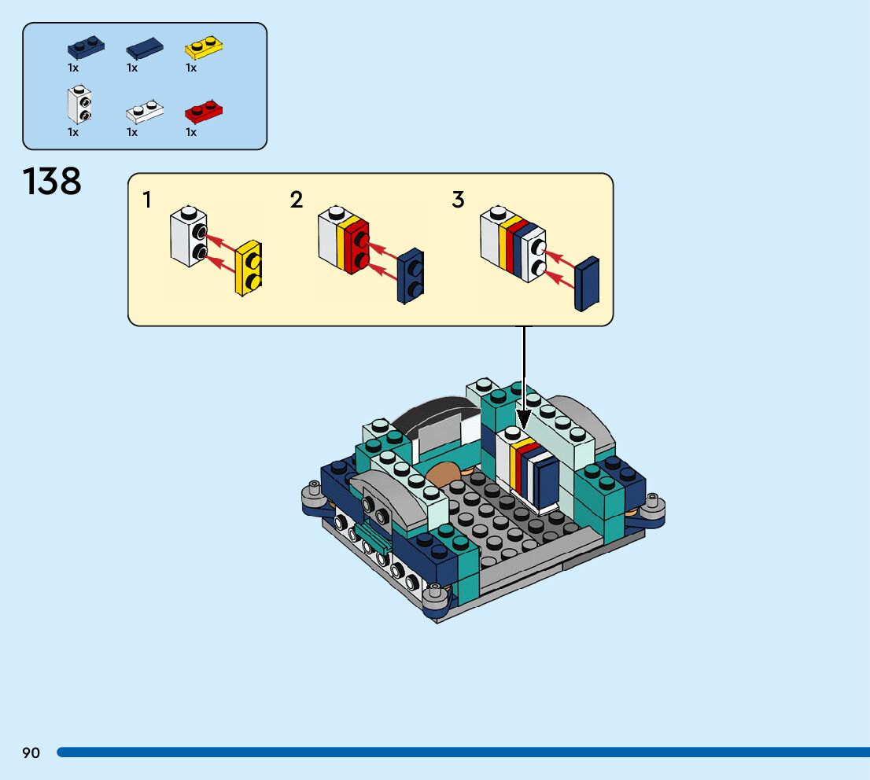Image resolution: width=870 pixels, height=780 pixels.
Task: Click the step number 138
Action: coord(52,182)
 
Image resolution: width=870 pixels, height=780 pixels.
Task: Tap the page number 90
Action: coord(31,753)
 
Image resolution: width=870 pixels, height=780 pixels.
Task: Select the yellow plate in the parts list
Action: coord(203,49)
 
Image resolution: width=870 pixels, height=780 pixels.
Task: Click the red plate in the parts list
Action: coord(204,112)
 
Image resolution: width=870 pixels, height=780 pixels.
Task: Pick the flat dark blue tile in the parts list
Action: coord(145,50)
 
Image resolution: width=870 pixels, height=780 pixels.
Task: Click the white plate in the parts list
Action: coord(145,112)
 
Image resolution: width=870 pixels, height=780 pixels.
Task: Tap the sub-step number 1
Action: coord(147,201)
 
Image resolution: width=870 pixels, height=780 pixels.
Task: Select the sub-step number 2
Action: coord(296,201)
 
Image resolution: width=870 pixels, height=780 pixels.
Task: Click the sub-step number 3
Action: coord(458,201)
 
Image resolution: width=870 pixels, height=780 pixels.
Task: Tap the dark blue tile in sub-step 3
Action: coord(587,283)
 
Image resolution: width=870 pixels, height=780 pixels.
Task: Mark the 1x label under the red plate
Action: coord(191,132)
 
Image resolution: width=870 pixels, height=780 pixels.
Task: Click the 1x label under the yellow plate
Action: coord(191,68)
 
